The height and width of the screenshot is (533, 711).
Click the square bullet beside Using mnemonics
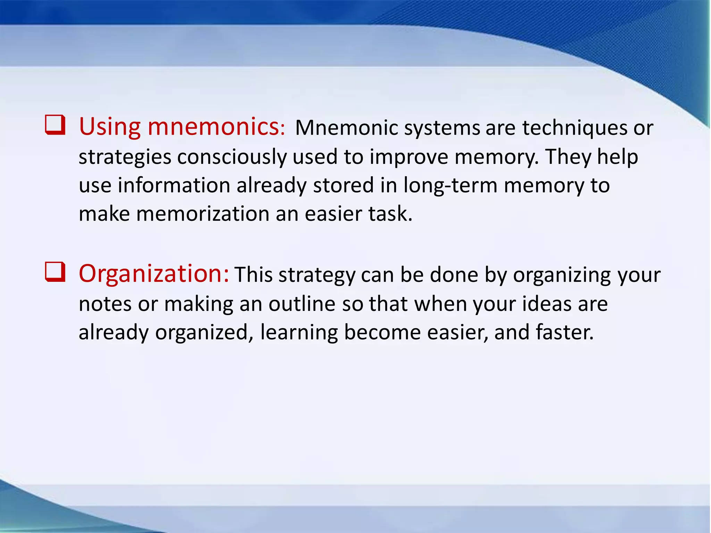[x=55, y=126]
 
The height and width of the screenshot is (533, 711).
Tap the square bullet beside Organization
[x=55, y=272]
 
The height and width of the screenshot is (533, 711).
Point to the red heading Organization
[x=154, y=274]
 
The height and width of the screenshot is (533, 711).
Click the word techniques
[x=575, y=128]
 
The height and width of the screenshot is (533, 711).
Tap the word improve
[x=409, y=157]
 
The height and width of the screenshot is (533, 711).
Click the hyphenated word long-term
[x=450, y=185]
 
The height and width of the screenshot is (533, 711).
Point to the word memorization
[x=203, y=214]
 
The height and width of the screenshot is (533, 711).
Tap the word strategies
[x=125, y=157]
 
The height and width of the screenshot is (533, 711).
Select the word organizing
[x=562, y=276]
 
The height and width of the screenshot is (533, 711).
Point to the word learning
[x=299, y=332]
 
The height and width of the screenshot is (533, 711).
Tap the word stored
[x=343, y=185]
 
